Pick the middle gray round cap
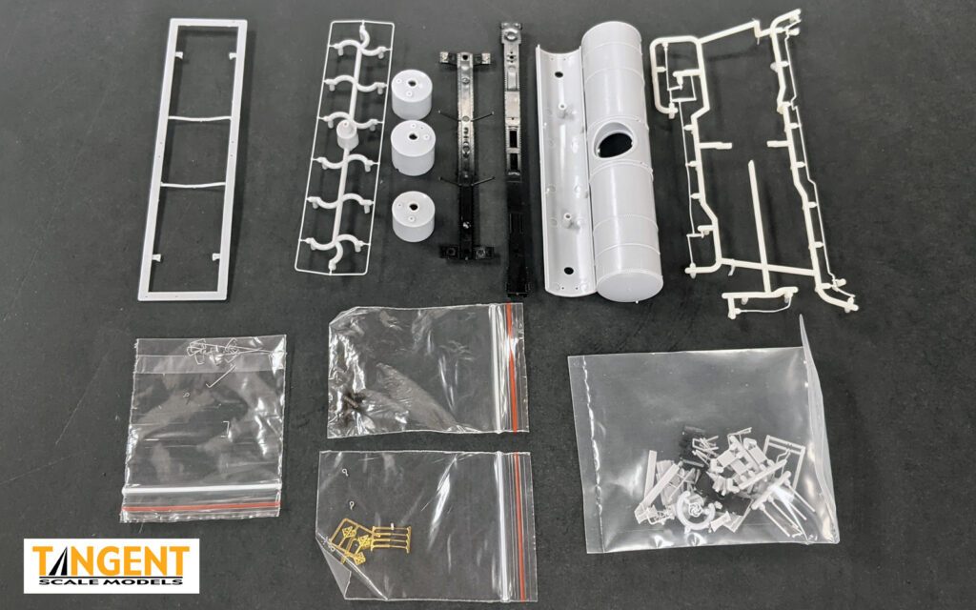[x=413, y=147]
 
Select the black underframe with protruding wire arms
[x=464, y=152]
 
